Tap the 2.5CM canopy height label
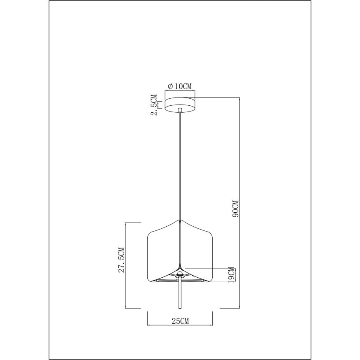(x=154, y=105)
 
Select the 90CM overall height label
(x=235, y=209)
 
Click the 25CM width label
(x=179, y=321)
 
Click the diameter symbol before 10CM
(x=170, y=86)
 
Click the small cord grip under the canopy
(x=180, y=110)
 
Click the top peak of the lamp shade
(x=180, y=221)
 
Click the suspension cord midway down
(x=180, y=165)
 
